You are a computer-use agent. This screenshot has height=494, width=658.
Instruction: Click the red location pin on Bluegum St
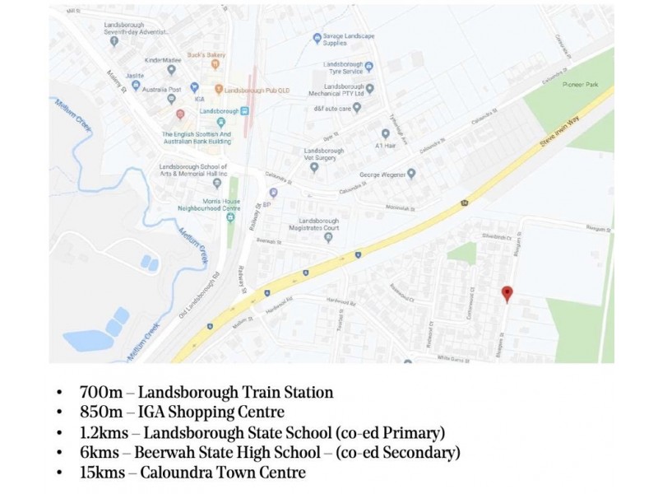click(x=507, y=294)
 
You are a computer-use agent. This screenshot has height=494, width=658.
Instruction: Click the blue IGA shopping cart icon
click(x=194, y=86)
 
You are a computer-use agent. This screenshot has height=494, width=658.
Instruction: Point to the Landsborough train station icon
click(x=244, y=110)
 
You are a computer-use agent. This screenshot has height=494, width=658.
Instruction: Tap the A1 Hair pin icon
click(x=385, y=133)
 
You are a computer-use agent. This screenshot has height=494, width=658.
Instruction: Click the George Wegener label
click(x=382, y=175)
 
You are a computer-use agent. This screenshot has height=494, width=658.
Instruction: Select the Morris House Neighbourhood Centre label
click(x=192, y=203)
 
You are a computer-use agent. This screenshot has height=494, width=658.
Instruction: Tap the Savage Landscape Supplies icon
click(x=317, y=38)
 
